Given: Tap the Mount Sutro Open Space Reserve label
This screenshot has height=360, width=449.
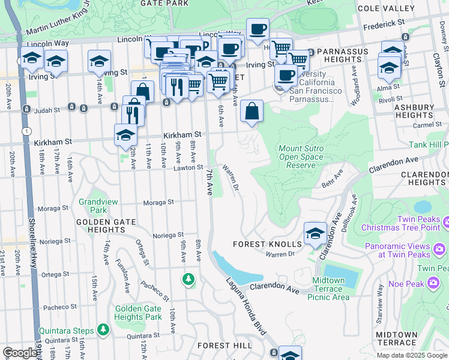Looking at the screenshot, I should tap(301, 157).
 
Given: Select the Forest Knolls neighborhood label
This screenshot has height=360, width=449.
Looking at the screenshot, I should tap(267, 244).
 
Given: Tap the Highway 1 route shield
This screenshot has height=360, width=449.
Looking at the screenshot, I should tap(26, 131).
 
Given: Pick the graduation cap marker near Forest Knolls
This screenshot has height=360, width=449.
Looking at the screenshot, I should tap(315, 234).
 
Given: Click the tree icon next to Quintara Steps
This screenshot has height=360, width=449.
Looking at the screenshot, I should tap(104, 329).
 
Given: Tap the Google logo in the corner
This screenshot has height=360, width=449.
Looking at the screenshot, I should tap(20, 353).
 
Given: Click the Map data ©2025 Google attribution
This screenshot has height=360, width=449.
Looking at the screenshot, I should tap(412, 355).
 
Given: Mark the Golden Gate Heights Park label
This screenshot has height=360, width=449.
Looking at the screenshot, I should tap(138, 313).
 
